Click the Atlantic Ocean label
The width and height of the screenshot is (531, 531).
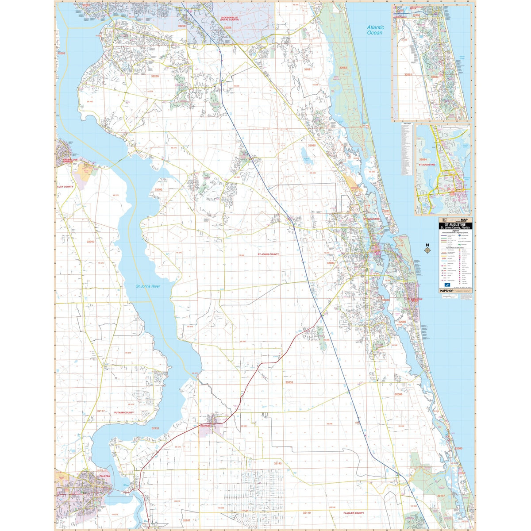pos(375,30)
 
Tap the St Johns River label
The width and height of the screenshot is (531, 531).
pos(148,286)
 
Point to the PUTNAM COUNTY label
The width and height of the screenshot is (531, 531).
pos(124,412)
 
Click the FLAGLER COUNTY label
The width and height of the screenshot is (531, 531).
pos(354,513)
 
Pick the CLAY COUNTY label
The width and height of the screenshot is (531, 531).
pos(65,187)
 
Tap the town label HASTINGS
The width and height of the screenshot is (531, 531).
pos(205,426)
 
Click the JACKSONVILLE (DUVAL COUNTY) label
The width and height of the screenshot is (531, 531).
pos(230,19)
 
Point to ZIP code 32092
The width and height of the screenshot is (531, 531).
pos(158,189)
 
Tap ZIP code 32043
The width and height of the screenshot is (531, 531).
pos(90,242)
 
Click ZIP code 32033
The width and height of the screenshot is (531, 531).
pos(289,382)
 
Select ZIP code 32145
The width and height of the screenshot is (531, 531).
pos(277,463)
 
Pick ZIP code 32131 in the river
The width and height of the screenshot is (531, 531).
pos(155,428)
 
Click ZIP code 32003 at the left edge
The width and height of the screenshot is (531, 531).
pos(61,53)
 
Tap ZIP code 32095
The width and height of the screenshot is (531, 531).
pos(312,145)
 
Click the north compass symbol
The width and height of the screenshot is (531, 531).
pos(427,250)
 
